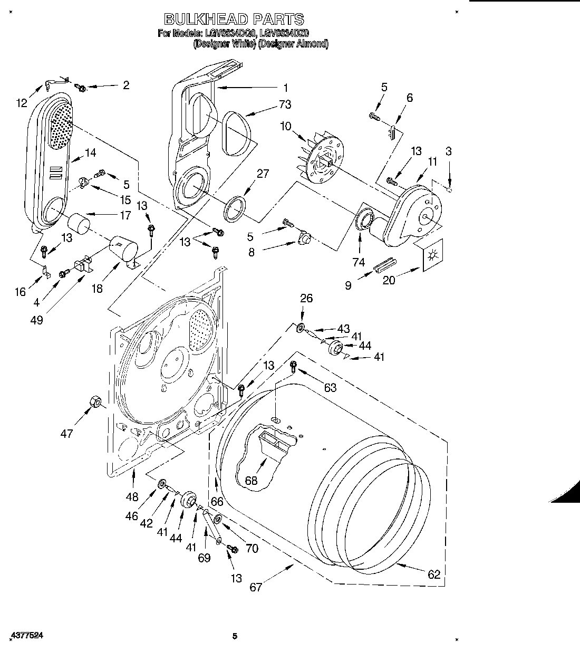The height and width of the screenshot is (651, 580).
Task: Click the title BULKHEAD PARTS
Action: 234,20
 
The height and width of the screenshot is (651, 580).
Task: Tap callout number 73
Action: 285,104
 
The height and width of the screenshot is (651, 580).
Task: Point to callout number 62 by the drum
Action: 434,575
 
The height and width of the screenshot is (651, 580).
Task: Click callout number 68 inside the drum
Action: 252,481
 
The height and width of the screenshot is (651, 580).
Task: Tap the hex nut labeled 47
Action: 95,402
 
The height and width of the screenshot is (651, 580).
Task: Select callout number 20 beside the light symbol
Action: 389,280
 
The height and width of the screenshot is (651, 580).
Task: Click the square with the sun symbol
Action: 432,256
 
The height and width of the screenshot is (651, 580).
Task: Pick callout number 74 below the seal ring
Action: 359,262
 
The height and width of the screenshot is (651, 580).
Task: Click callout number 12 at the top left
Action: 21,103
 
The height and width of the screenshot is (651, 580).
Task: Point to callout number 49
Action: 36,320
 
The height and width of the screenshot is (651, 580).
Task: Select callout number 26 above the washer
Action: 306,298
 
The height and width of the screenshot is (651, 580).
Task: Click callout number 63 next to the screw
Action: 330,388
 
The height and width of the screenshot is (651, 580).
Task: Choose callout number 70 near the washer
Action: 252,549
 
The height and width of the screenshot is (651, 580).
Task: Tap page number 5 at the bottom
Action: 235,636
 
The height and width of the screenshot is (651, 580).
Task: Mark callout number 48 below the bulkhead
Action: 132,496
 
